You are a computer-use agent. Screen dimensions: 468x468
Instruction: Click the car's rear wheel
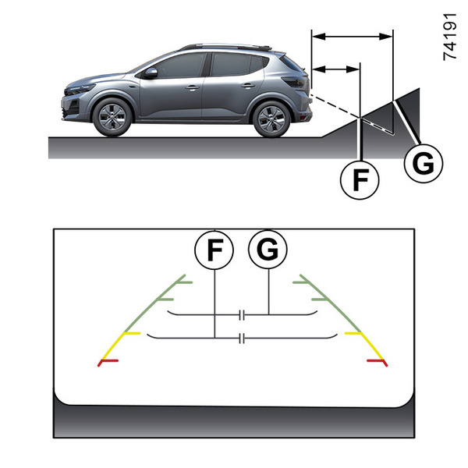click(x=271, y=119)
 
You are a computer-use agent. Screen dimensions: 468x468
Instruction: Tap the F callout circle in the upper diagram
click(x=360, y=179)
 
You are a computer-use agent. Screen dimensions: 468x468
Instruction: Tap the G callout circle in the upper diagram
click(x=424, y=164)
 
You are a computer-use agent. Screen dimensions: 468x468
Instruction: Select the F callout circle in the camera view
click(x=214, y=250)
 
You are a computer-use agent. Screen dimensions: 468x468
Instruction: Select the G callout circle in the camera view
click(x=268, y=250)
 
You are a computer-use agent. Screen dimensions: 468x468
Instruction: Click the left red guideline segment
click(x=108, y=362)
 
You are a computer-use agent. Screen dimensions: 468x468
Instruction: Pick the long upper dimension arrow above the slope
click(x=352, y=35)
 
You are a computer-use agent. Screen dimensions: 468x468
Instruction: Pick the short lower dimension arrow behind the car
click(x=335, y=70)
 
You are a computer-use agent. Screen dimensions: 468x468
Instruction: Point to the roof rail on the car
click(x=226, y=46)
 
